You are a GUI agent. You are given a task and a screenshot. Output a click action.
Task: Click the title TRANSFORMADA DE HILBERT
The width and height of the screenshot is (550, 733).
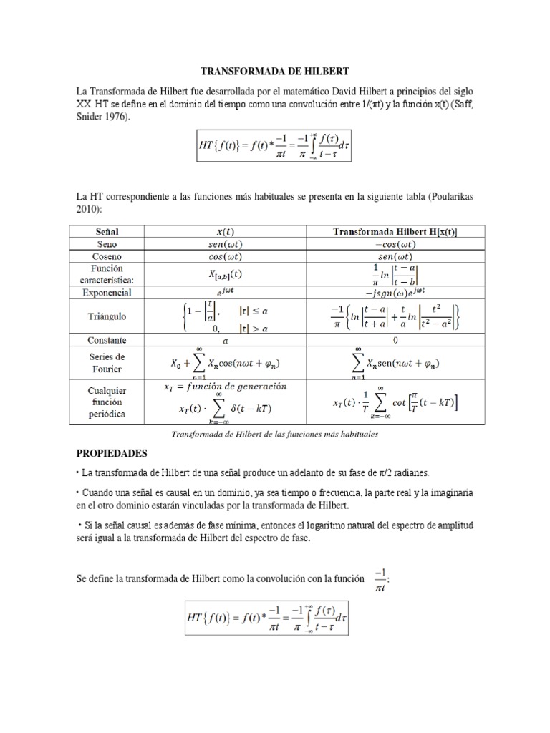[x=275, y=72]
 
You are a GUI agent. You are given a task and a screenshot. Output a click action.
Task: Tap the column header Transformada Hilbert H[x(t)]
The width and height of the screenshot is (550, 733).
[x=395, y=232]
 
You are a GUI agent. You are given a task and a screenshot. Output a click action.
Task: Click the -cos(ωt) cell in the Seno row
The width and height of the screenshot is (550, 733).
[x=395, y=244]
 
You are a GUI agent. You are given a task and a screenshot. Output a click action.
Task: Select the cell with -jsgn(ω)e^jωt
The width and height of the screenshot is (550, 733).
[x=395, y=293]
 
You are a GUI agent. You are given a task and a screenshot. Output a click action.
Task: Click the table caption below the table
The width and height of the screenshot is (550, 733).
[x=275, y=434]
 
